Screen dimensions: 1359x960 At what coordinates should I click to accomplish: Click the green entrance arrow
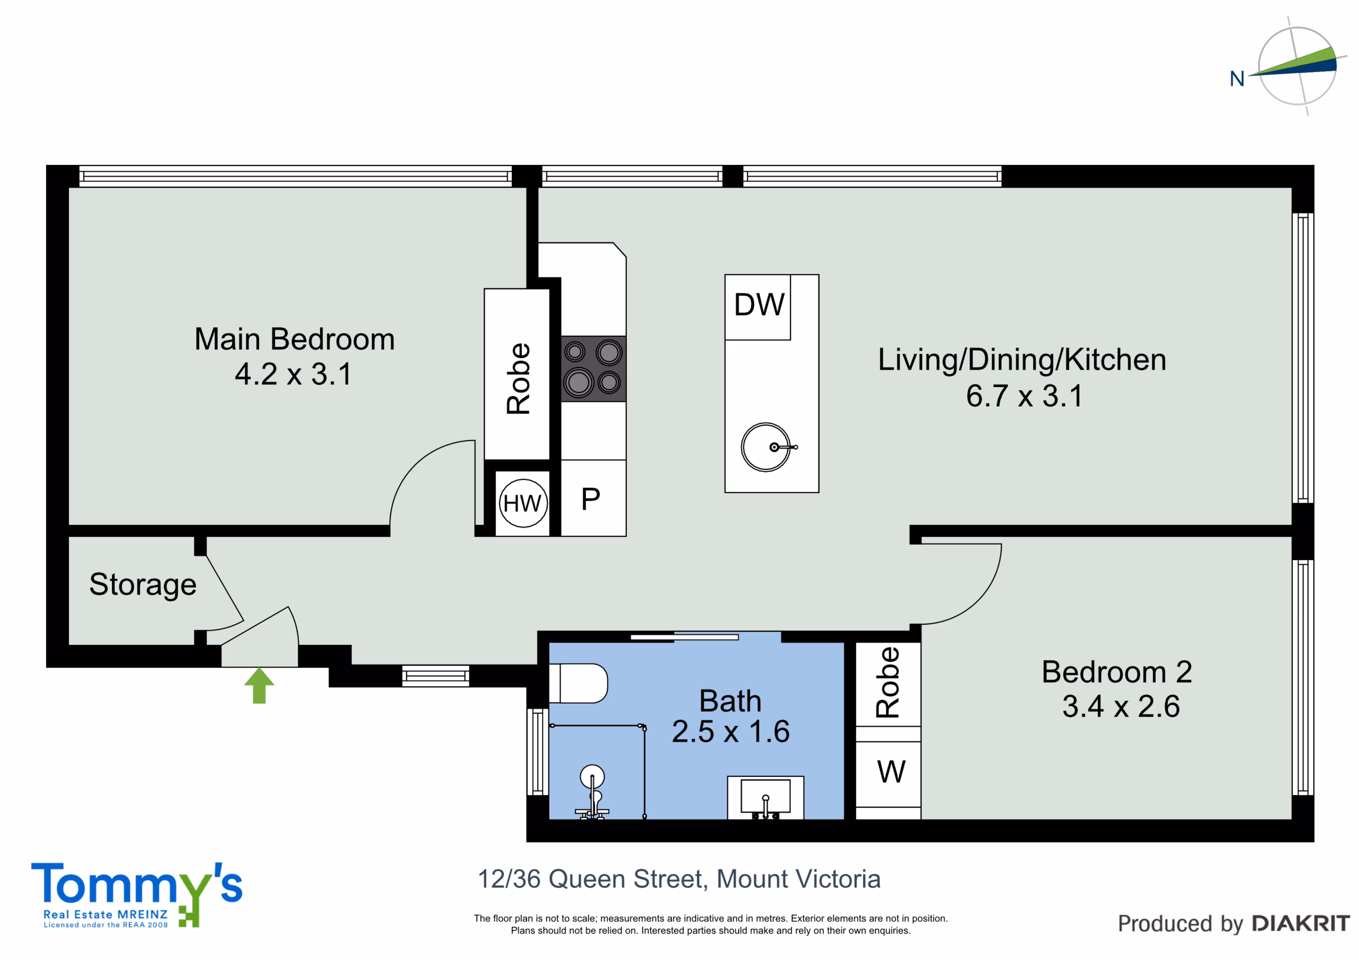click(259, 686)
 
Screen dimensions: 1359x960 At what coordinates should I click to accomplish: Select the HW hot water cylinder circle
click(523, 503)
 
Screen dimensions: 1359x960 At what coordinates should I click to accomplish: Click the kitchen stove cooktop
click(594, 369)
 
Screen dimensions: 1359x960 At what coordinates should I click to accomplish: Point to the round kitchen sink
click(766, 447)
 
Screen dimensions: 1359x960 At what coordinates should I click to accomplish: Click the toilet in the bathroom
click(578, 683)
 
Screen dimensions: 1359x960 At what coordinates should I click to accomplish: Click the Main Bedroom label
click(295, 339)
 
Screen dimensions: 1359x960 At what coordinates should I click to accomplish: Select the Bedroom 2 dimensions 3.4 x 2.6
click(1121, 706)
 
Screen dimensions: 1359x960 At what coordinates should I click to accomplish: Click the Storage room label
click(143, 584)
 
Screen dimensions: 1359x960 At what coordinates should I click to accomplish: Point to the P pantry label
click(591, 499)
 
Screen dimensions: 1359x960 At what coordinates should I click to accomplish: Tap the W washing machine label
click(891, 771)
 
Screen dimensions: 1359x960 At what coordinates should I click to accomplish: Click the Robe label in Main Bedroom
click(519, 379)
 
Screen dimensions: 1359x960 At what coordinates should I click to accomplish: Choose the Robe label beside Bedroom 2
click(887, 683)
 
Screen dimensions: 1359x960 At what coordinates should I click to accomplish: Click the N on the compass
click(1237, 78)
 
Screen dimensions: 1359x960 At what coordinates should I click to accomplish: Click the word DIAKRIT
click(1301, 923)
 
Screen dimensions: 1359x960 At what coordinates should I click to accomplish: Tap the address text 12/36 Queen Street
click(592, 879)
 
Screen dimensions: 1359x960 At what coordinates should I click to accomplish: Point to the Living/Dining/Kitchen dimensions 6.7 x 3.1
click(1025, 396)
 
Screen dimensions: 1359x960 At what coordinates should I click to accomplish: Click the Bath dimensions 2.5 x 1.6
click(731, 732)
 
